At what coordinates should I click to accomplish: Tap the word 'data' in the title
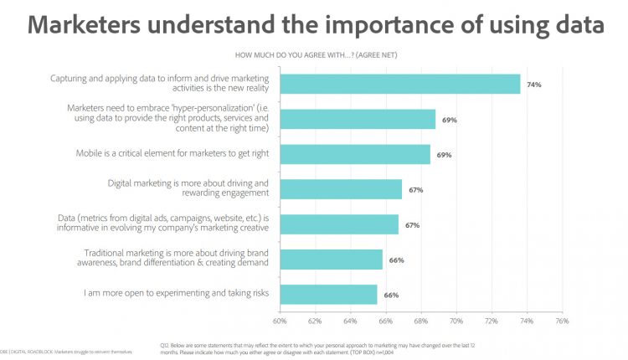[x=569, y=24]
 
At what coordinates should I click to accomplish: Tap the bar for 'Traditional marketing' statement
[x=331, y=260]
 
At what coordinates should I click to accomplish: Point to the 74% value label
[x=533, y=85]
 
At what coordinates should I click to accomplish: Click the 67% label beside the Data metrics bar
[x=413, y=225]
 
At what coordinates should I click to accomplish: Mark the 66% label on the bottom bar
[x=391, y=296]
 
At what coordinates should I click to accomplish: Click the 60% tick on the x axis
[x=280, y=320]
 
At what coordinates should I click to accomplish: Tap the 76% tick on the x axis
[x=562, y=320]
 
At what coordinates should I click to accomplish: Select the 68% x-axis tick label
[x=421, y=320]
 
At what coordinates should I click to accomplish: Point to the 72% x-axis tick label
[x=492, y=320]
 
